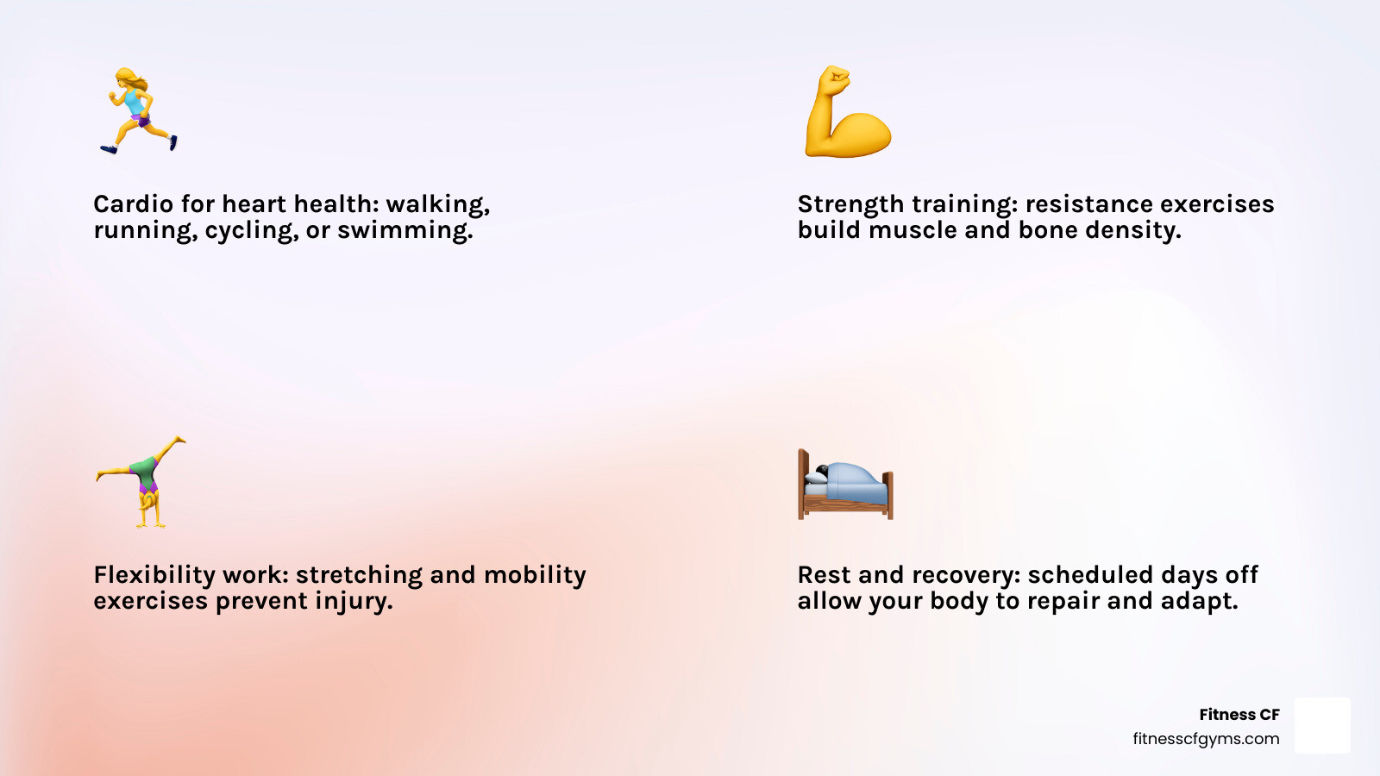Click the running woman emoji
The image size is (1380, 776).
[139, 110]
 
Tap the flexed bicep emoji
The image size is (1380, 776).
[847, 112]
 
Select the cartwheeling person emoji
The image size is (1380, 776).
[142, 481]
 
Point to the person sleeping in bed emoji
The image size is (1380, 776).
[845, 485]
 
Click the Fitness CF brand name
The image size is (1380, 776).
[1239, 715]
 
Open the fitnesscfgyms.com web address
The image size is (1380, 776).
[1206, 739]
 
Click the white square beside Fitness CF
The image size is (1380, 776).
[1322, 725]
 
